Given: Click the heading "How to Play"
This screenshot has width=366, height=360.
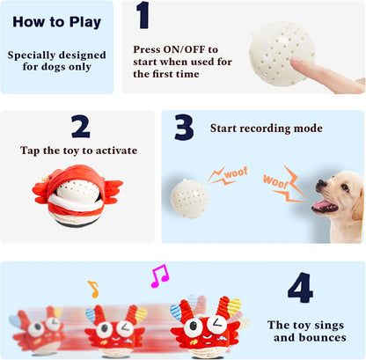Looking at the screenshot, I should coord(56,22).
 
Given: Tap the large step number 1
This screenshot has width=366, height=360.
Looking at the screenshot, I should coord(143,16).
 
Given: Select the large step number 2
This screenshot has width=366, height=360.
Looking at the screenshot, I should coord(80,128).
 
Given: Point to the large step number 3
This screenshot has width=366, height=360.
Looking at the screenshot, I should coord(183,129).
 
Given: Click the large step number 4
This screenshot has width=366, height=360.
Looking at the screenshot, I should coord(300,288).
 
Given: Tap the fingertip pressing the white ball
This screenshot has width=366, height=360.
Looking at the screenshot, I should coord(296,64).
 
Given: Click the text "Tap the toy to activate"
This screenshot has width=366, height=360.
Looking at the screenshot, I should coord(79,151).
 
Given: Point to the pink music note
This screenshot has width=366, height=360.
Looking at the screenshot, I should coord(159,276).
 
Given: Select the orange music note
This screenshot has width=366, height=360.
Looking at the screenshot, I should coord(92,288).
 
